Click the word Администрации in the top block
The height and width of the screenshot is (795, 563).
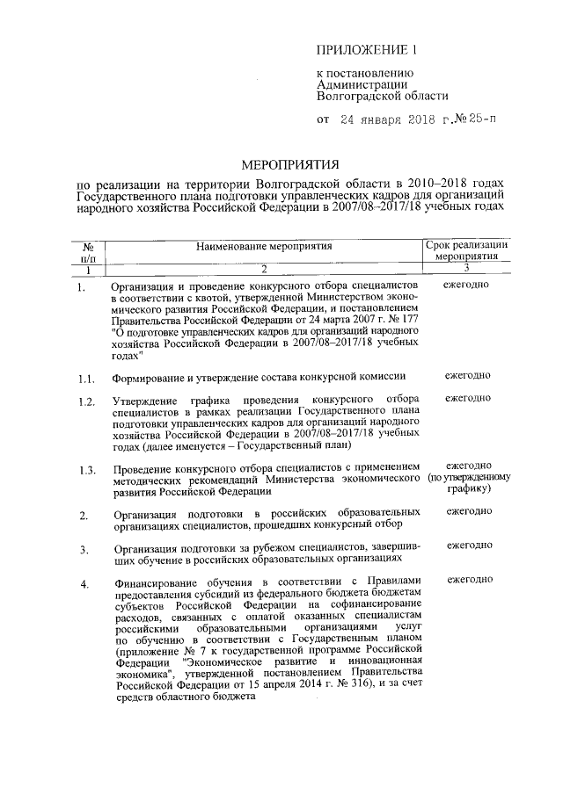tap(361, 84)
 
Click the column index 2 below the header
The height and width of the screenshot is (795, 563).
tap(263, 269)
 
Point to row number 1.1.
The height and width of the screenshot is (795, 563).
tap(85, 379)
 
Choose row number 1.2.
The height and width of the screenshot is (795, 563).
tap(85, 402)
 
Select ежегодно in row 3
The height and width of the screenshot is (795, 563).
tap(469, 546)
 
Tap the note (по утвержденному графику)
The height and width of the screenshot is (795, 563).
tap(469, 484)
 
